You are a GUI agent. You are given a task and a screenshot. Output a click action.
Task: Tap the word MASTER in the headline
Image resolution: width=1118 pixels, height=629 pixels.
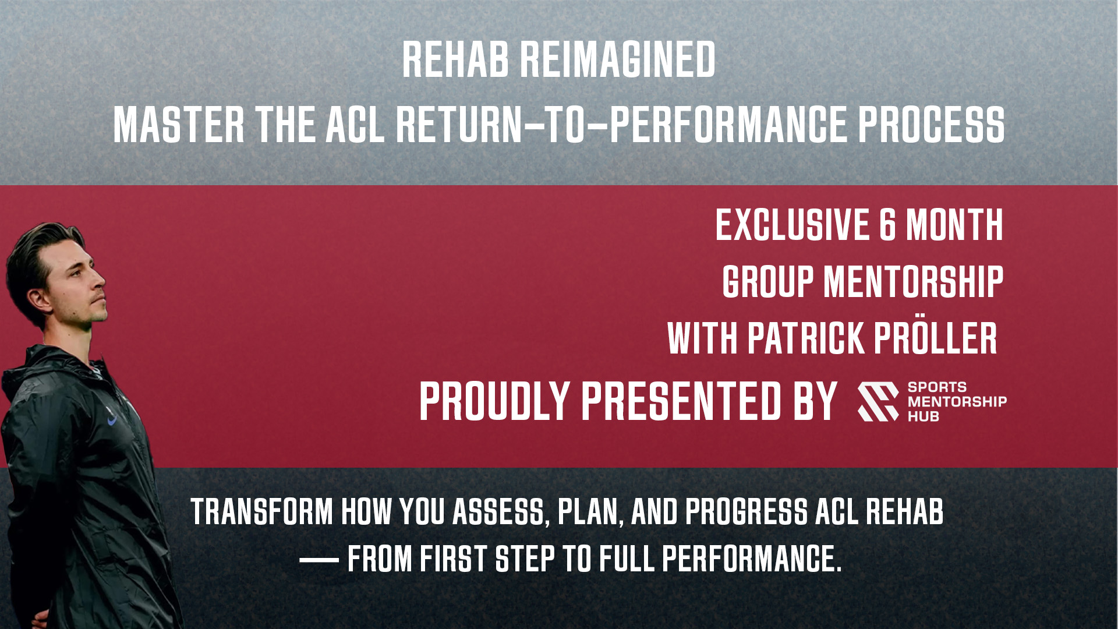pyautogui.click(x=179, y=125)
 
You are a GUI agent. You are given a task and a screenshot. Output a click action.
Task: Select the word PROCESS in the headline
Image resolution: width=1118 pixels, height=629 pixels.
pyautogui.click(x=931, y=125)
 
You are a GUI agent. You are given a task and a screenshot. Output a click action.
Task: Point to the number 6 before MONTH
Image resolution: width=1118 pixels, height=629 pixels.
pyautogui.click(x=887, y=225)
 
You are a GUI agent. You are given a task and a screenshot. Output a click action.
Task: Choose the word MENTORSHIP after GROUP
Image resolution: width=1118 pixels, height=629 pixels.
pyautogui.click(x=914, y=282)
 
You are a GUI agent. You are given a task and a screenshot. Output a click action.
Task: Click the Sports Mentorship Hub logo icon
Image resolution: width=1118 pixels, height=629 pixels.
pyautogui.click(x=878, y=401)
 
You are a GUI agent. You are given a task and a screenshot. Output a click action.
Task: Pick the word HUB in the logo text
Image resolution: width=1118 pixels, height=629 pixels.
pyautogui.click(x=923, y=416)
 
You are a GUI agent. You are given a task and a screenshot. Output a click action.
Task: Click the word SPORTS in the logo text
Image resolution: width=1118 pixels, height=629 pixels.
pyautogui.click(x=937, y=387)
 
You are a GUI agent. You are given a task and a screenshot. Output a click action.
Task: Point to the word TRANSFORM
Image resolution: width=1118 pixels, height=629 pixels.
pyautogui.click(x=261, y=511)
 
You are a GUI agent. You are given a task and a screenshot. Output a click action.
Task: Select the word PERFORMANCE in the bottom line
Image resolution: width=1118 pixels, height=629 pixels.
pyautogui.click(x=752, y=559)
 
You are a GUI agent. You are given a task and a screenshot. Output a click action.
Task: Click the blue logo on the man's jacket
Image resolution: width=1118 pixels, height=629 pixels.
pyautogui.click(x=112, y=419)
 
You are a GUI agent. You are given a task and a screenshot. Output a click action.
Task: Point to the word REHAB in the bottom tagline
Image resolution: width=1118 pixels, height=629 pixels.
pyautogui.click(x=904, y=511)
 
